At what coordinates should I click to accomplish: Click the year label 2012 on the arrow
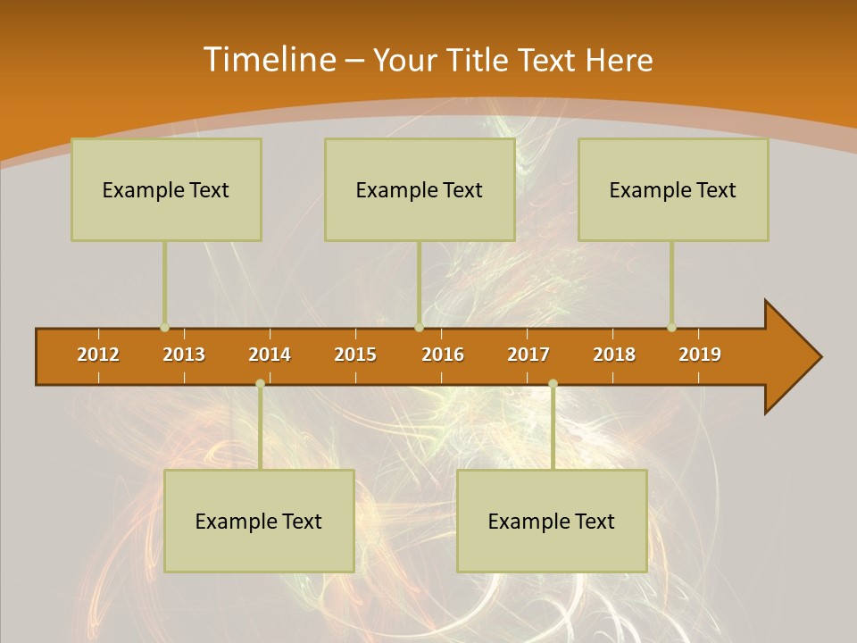point(98,355)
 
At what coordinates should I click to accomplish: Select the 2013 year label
point(184,355)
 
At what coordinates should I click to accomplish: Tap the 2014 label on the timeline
point(270,355)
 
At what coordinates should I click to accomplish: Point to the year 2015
point(355,355)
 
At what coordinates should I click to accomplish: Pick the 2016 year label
point(443,355)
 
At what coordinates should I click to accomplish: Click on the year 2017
point(528,355)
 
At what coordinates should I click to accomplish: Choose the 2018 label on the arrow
point(614,355)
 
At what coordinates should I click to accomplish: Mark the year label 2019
point(700,355)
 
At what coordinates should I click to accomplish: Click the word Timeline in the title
point(269,60)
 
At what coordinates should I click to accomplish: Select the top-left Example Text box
point(166,189)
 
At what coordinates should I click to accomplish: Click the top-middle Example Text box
point(420,189)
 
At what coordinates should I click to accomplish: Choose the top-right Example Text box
point(673,189)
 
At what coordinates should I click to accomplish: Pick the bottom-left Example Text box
point(259,521)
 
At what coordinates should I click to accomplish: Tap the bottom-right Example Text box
point(552,521)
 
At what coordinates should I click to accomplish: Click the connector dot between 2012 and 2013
point(165,328)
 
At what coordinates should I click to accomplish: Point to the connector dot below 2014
point(260,384)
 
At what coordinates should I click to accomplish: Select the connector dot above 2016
point(419,328)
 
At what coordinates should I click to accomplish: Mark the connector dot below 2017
point(553,384)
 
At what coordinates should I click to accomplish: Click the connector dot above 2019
point(671,328)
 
